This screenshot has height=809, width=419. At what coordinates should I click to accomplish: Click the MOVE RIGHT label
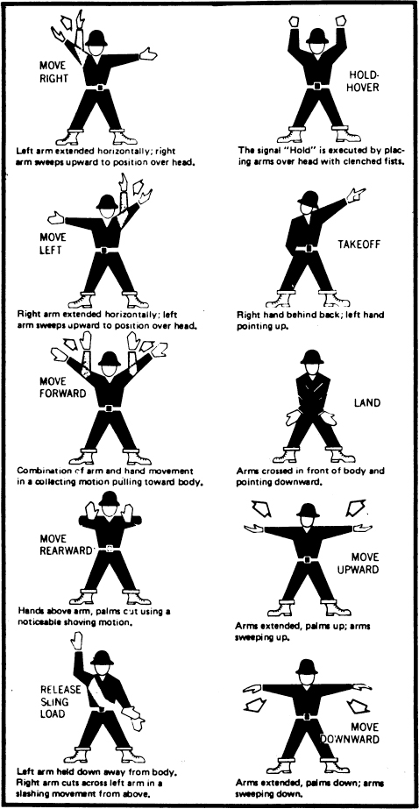[53, 72]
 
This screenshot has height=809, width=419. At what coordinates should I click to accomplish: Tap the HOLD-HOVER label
[362, 82]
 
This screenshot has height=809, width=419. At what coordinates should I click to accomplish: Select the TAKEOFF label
[359, 244]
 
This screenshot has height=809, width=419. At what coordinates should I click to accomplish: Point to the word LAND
[367, 402]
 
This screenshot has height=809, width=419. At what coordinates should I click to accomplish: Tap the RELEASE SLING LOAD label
[60, 702]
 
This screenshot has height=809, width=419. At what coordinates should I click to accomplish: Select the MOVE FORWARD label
[62, 387]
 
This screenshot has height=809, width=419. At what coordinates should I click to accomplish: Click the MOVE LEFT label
[53, 244]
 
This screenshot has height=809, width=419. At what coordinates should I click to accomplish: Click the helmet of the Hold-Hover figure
[316, 36]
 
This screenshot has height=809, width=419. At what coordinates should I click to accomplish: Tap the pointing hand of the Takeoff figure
[356, 195]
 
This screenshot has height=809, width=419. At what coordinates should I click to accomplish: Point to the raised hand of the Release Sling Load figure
[76, 641]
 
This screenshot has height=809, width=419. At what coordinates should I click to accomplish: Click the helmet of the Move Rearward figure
[109, 499]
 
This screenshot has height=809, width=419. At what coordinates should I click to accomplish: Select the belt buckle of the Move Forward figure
[109, 408]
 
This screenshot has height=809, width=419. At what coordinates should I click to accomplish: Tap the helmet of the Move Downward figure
[307, 667]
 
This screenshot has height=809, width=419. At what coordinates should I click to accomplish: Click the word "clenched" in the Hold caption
[349, 161]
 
